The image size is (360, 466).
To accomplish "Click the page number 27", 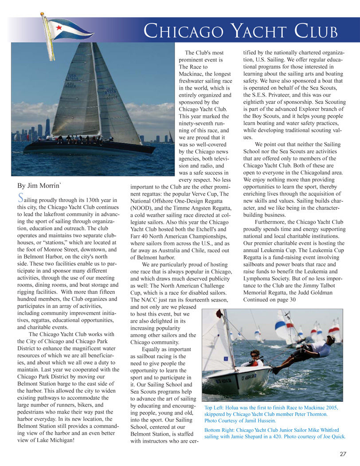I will click(x=343, y=453).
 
